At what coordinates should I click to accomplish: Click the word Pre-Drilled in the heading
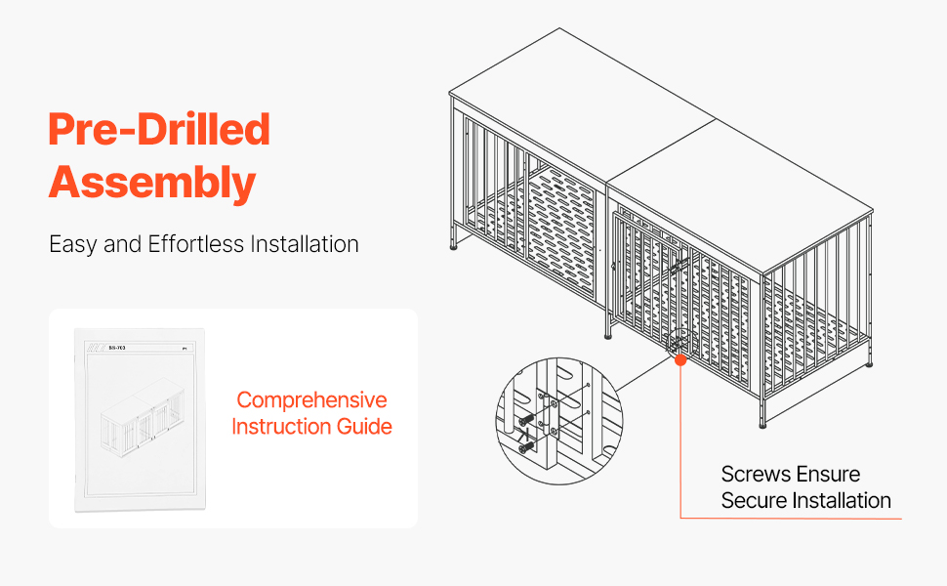(x=159, y=130)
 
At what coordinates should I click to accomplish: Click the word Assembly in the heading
(x=152, y=183)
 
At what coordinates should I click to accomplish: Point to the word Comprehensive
(x=311, y=400)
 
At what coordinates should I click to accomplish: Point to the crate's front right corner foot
(x=763, y=424)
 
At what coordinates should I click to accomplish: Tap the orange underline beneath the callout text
(x=791, y=519)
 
